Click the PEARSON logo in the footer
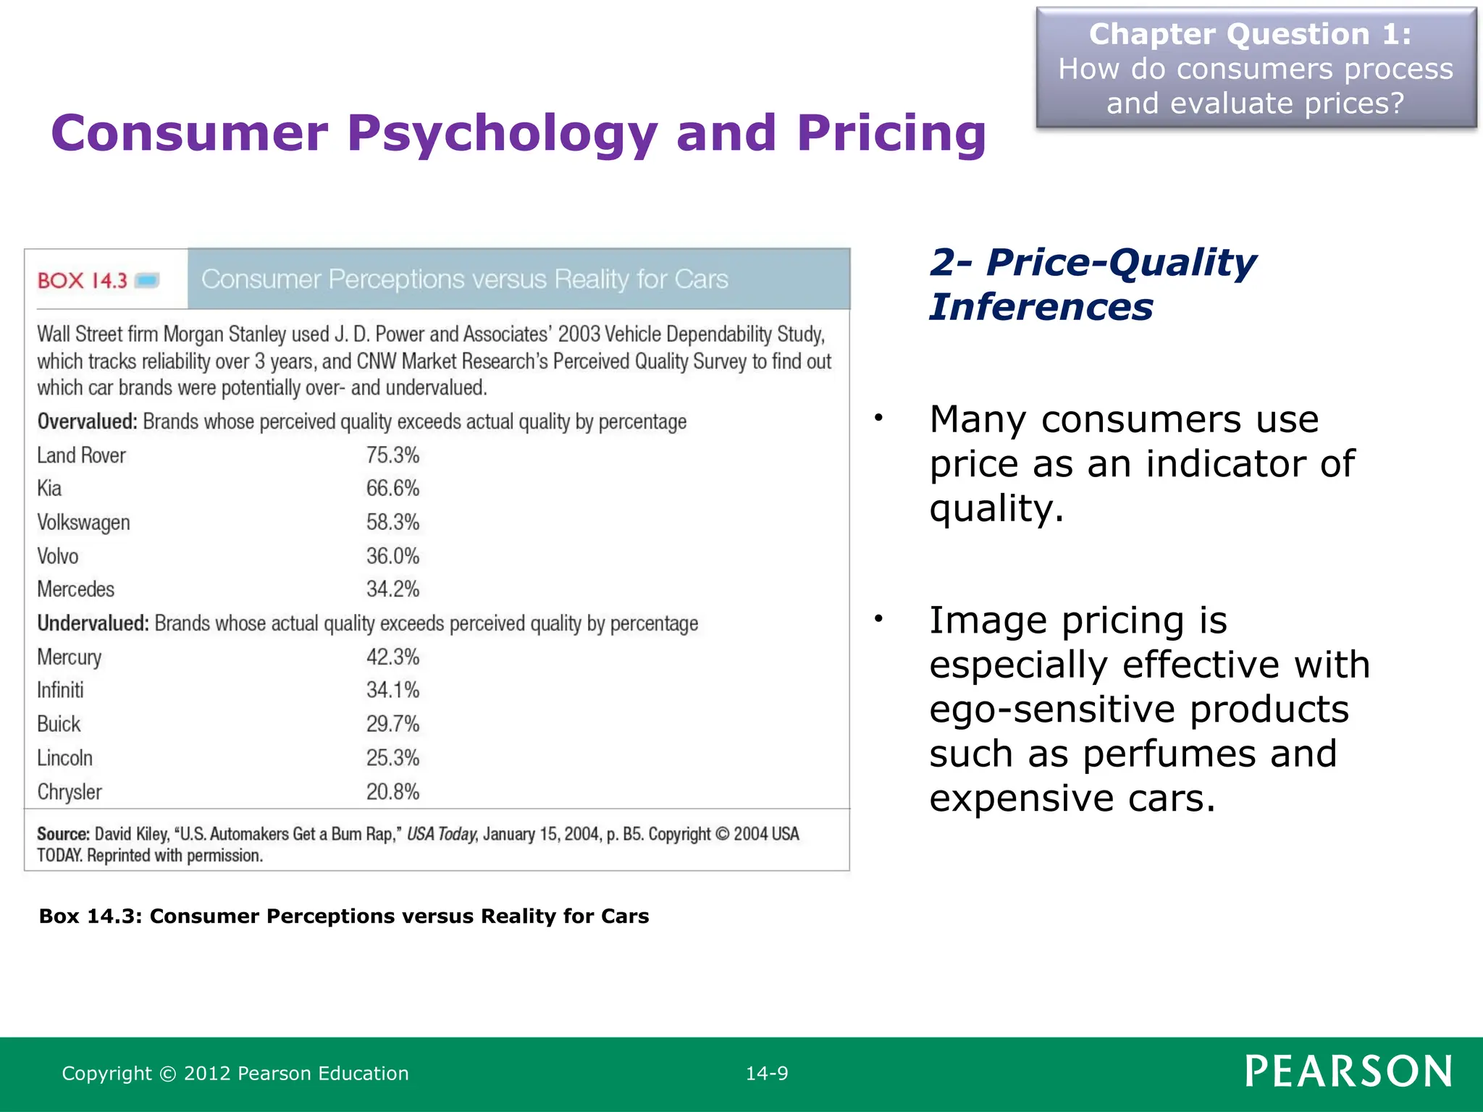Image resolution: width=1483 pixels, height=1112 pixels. coord(1348,1071)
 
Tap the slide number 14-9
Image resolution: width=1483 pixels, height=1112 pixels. coord(767,1074)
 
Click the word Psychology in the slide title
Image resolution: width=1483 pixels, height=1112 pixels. coord(502,134)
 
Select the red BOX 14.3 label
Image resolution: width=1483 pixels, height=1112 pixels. coord(83,281)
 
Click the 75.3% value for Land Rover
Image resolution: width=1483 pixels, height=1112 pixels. coord(392,455)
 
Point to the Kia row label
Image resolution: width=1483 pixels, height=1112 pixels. coord(49,489)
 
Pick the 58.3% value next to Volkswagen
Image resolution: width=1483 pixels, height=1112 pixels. coord(392,522)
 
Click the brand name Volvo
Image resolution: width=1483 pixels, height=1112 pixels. coord(58,556)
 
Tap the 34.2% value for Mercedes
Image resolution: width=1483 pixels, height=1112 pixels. coord(392,589)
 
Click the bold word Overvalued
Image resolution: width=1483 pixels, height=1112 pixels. coord(87,421)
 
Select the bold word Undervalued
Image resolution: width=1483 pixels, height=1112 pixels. coord(93,623)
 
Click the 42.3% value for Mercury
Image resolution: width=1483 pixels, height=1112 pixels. coord(392,657)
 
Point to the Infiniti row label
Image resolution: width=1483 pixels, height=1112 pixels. coord(60,690)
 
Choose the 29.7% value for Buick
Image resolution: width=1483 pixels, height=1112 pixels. coord(392,724)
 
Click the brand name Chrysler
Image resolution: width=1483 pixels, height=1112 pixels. coord(70,792)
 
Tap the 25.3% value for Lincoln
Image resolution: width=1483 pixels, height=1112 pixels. coord(392,758)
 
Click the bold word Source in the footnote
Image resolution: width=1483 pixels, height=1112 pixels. coord(64,834)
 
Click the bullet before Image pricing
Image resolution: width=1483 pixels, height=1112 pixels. coord(878,619)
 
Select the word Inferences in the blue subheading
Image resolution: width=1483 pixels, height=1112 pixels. coord(1041,307)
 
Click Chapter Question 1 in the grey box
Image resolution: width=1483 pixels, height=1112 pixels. coord(1250,34)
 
